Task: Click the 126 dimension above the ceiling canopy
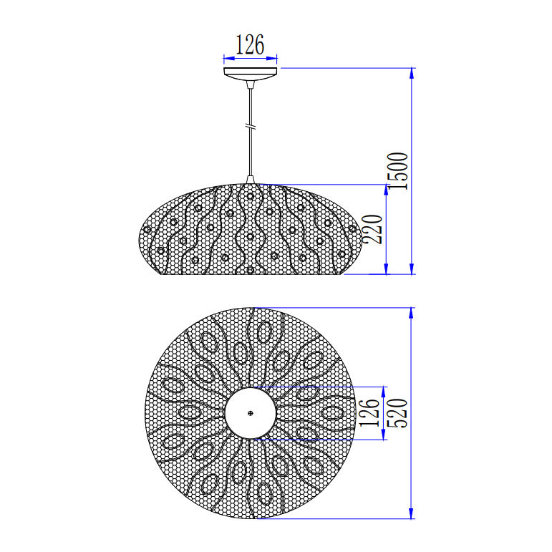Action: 250,45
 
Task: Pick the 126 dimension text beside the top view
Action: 369,413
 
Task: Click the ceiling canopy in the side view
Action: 250,74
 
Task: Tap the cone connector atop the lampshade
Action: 250,179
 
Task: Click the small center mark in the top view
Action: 250,413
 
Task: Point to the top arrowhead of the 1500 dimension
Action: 412,72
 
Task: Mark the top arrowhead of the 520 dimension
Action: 412,313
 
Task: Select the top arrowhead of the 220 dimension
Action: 386,190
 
